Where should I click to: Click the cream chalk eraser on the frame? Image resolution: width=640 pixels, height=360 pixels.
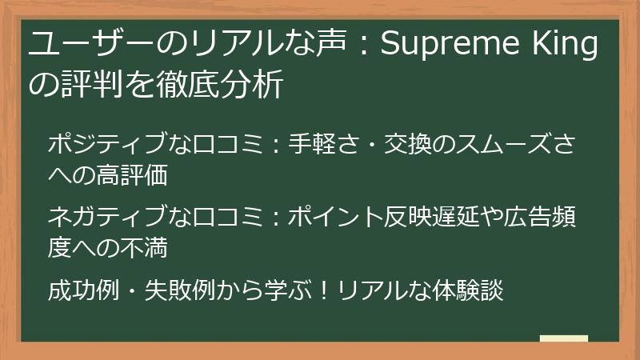coord(563,338)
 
